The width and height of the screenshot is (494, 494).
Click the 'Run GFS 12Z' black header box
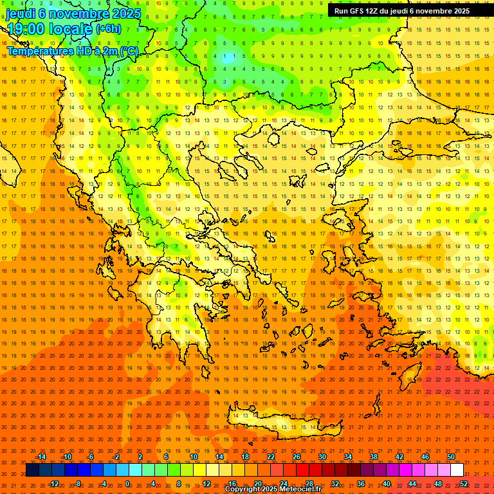click(402, 11)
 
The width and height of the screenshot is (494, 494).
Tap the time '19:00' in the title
click(26, 28)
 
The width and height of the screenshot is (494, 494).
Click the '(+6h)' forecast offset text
click(107, 28)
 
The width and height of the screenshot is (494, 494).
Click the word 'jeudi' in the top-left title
click(21, 14)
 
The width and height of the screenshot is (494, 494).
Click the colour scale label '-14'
click(41, 457)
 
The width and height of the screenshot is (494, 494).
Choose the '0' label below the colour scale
click(127, 484)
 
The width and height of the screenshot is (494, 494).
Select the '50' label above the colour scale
click(451, 457)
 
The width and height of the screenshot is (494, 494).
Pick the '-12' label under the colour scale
click(53, 484)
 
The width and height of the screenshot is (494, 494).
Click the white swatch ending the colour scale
click(457, 470)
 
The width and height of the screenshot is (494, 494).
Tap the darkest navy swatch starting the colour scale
click(32, 470)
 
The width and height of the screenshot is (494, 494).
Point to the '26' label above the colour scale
click(297, 457)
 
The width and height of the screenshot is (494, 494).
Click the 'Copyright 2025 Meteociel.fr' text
click(273, 489)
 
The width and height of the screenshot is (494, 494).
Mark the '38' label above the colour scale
click(374, 457)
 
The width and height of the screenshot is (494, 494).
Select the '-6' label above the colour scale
click(91, 457)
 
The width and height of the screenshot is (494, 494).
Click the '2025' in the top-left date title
click(127, 14)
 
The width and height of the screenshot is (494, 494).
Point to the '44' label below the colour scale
click(412, 484)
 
